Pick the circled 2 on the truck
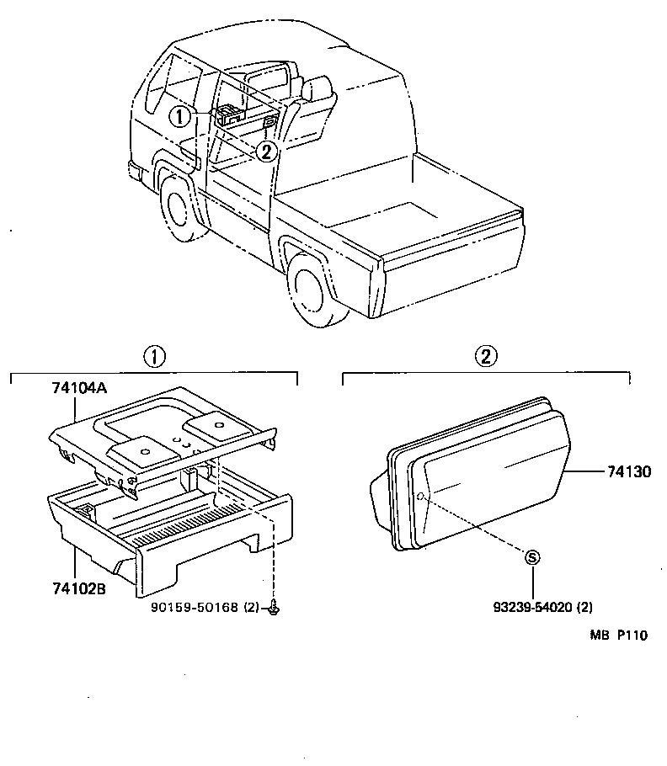(x=265, y=152)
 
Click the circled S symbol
(x=531, y=556)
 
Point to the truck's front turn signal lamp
(x=135, y=172)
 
